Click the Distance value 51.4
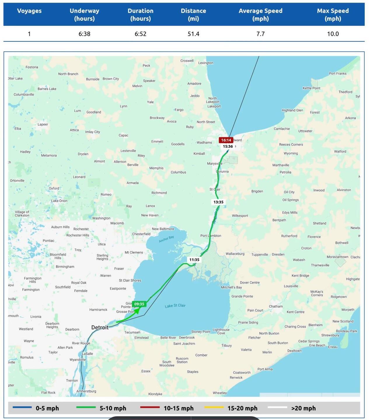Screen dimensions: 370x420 coord(193,34)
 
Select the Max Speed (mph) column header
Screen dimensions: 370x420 coord(333,15)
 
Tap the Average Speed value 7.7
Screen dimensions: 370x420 coord(260,34)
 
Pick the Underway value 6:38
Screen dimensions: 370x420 coord(84,34)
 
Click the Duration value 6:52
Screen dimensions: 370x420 coord(140,34)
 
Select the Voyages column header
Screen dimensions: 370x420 coord(29,11)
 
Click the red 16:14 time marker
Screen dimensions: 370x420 coord(226,140)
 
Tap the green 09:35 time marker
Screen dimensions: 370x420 coord(139,304)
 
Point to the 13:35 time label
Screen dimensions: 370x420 coord(218,202)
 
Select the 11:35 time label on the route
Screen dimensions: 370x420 coord(194,260)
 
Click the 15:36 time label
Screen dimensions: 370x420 coord(228,146)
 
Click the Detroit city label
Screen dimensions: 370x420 coord(100,327)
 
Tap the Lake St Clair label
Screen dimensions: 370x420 coord(175,306)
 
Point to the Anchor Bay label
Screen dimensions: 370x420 coord(166,239)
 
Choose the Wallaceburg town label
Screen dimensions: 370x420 coord(235,254)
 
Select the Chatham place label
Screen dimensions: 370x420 coord(276,306)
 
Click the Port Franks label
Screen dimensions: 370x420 coord(338,73)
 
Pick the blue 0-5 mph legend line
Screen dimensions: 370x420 coord(22,407)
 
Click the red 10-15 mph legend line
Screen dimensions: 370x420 coord(150,407)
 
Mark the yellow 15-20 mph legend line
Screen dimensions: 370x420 coord(214,407)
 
